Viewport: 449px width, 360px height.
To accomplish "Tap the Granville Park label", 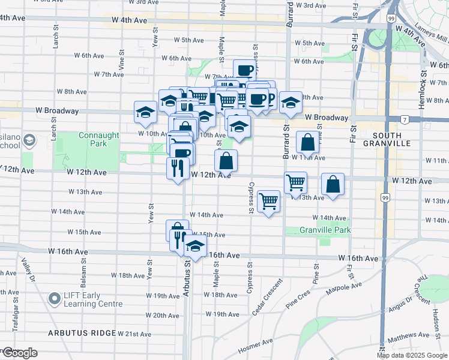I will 326,230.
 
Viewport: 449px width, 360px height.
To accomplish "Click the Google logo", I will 19,353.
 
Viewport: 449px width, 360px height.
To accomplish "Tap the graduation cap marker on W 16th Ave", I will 194,245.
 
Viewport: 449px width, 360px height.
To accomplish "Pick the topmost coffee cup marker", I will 244,70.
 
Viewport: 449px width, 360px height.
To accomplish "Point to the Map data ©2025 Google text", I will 412,355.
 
